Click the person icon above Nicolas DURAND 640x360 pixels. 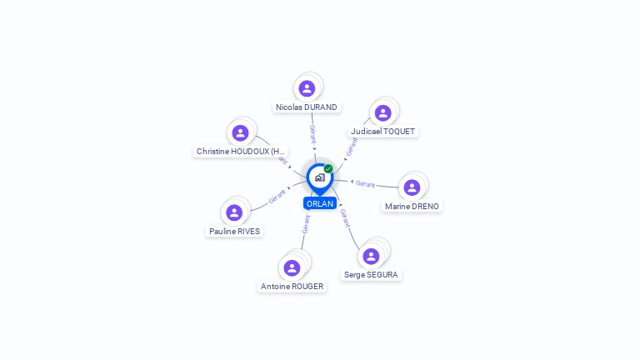point(307,88)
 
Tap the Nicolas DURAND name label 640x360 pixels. point(307,107)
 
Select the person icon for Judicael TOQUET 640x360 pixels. point(382,112)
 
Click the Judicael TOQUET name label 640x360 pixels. point(382,132)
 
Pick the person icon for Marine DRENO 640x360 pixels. point(412,187)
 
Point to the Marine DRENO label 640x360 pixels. point(412,207)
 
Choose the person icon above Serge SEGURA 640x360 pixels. point(371,256)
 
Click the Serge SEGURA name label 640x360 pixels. point(371,275)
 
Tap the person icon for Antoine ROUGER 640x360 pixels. point(292,267)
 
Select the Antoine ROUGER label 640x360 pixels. point(292,287)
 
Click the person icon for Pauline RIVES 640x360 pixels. point(234,212)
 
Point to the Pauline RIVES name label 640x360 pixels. point(234,232)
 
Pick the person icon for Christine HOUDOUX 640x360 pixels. point(240,132)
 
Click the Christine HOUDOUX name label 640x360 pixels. point(241,152)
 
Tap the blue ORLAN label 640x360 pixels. point(320,203)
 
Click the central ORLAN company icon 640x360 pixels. point(319,177)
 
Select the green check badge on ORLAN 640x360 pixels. point(328,169)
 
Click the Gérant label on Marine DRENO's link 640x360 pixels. point(366,184)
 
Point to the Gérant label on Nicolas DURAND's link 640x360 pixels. point(312,134)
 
